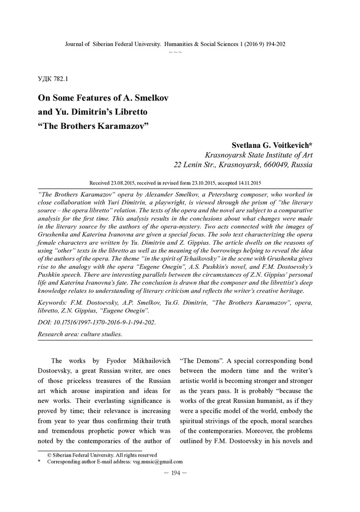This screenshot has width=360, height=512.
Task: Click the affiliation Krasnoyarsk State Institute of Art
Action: pyautogui.click(x=258, y=155)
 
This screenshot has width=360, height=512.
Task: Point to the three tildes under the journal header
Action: pyautogui.click(x=175, y=51)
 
